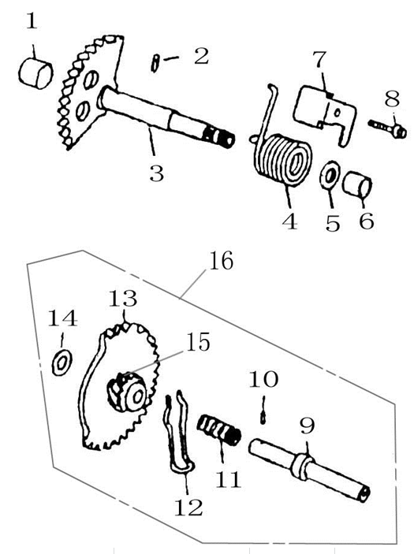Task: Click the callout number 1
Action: click(32, 21)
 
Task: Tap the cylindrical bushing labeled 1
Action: click(35, 74)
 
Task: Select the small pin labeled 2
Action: click(155, 63)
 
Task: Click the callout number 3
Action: click(157, 173)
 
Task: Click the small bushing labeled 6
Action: click(357, 184)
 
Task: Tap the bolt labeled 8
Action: click(387, 128)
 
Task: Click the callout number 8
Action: click(392, 99)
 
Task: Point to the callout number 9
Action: click(307, 426)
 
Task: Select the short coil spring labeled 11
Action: click(219, 431)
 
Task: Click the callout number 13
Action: click(123, 298)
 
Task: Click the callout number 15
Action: click(198, 342)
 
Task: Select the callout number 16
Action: click(221, 262)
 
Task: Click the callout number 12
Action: click(188, 508)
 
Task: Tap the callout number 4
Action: click(290, 221)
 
